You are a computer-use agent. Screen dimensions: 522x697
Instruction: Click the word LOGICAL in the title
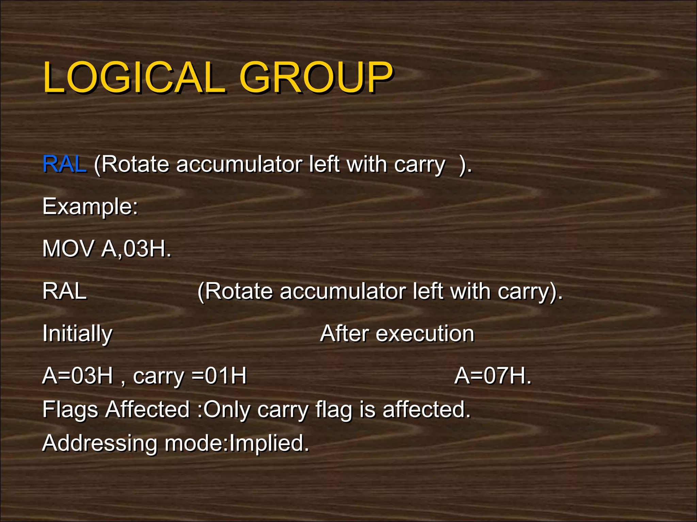pos(134,78)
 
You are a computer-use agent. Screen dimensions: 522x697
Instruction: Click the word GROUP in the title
pos(316,78)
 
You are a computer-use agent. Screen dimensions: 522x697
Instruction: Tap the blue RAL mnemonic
pos(64,164)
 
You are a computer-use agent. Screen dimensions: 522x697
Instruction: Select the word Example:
pos(90,207)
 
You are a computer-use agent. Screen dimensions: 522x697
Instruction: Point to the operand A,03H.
pos(136,249)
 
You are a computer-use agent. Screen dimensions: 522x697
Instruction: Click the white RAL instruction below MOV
pos(64,292)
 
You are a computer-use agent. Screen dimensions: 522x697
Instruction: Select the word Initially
pos(77,334)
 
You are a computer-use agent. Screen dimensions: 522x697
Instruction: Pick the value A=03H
pos(77,376)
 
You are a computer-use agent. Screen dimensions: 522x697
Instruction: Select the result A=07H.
pos(492,376)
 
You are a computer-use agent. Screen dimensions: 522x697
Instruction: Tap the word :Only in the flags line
pos(224,410)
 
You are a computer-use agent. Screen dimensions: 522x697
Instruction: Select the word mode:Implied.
pos(237,443)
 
